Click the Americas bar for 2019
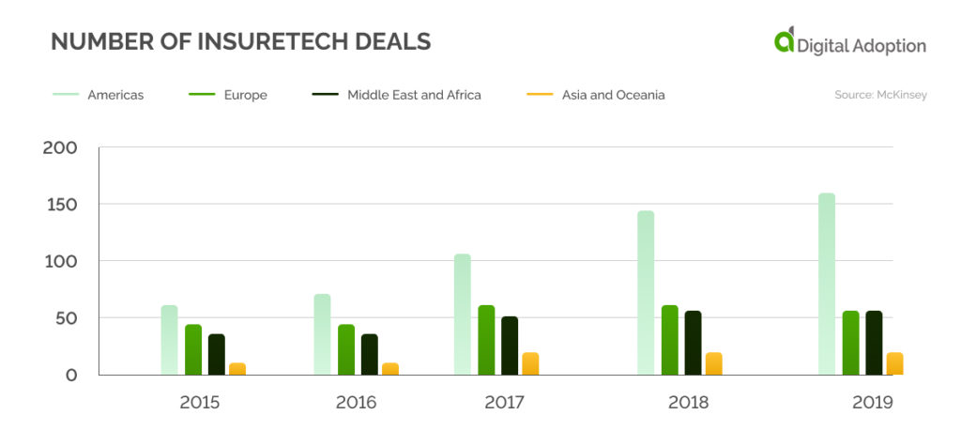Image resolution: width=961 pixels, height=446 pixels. coord(826,284)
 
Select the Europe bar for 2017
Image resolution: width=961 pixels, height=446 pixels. coord(486,340)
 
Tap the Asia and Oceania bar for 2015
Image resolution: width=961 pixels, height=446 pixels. coord(237,369)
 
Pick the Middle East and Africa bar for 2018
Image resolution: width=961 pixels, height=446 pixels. coord(693,343)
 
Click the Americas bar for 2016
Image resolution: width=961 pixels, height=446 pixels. coord(322,334)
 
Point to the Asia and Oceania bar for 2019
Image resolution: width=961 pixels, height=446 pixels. coord(894,364)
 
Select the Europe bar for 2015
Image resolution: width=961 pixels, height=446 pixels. coord(193,349)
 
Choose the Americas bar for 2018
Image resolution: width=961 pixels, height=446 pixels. coord(646,293)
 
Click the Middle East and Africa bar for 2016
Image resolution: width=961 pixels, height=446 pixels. coord(369,354)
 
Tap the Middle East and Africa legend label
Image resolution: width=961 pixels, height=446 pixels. coord(413,95)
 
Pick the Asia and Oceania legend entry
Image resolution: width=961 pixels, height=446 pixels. coord(612,95)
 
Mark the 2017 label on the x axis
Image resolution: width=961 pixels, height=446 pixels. coord(505,403)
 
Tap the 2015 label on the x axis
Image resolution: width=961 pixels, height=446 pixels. coord(200,403)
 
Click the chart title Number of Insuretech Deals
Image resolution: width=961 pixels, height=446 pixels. coord(240,41)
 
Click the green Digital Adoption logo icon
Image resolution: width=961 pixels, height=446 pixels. coord(784,40)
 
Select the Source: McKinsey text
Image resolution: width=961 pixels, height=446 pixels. coord(880,95)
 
